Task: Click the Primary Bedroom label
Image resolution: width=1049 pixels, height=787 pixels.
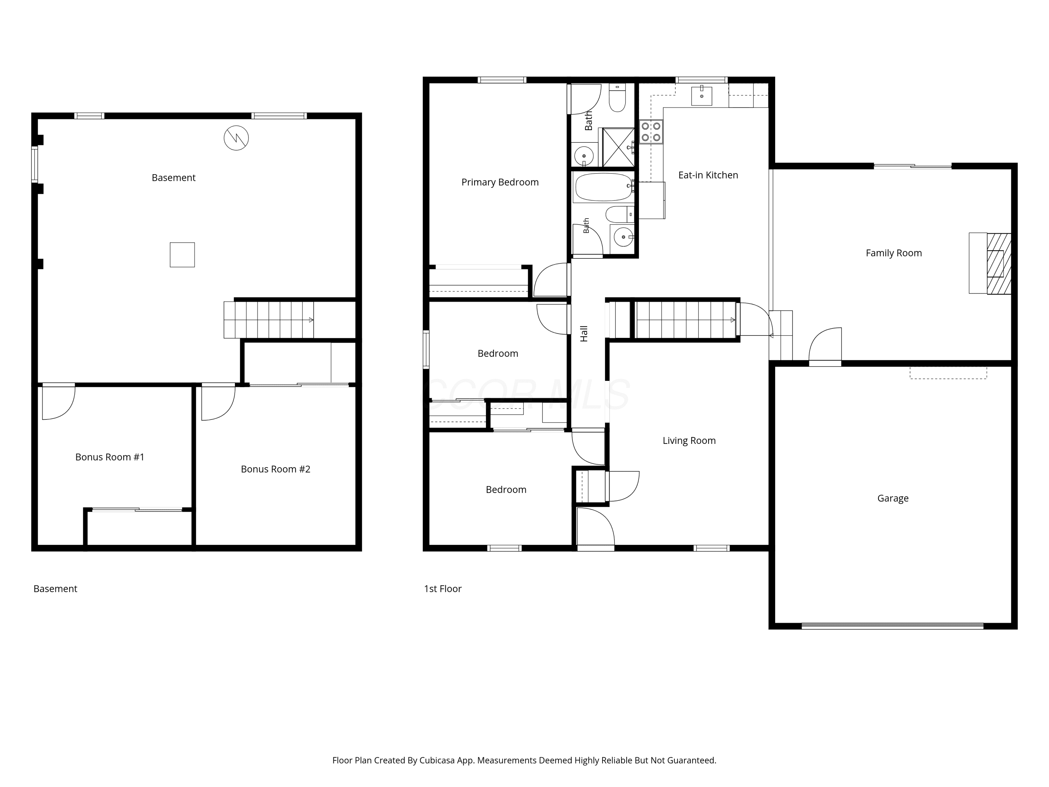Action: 500,182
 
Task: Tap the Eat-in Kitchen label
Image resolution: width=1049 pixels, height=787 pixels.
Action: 708,175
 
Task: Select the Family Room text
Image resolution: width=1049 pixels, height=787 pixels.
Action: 893,253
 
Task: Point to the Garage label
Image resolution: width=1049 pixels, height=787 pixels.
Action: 892,498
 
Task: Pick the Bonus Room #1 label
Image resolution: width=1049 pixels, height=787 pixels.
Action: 109,457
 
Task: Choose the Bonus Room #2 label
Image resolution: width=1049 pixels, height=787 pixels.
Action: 276,469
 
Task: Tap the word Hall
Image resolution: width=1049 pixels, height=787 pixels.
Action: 584,333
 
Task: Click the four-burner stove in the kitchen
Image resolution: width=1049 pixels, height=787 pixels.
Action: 651,132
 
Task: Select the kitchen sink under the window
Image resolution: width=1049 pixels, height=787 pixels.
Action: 701,95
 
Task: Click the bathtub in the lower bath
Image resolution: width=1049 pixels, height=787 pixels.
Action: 604,187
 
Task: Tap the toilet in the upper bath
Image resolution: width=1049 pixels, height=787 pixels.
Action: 617,98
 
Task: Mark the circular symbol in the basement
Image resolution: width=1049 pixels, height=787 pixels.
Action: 236,138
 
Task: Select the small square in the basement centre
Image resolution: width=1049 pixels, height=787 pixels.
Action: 182,255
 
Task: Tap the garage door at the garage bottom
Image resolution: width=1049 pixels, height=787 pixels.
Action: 892,626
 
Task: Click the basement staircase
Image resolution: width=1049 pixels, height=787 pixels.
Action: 269,320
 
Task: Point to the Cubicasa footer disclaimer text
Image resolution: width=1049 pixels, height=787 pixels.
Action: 524,760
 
